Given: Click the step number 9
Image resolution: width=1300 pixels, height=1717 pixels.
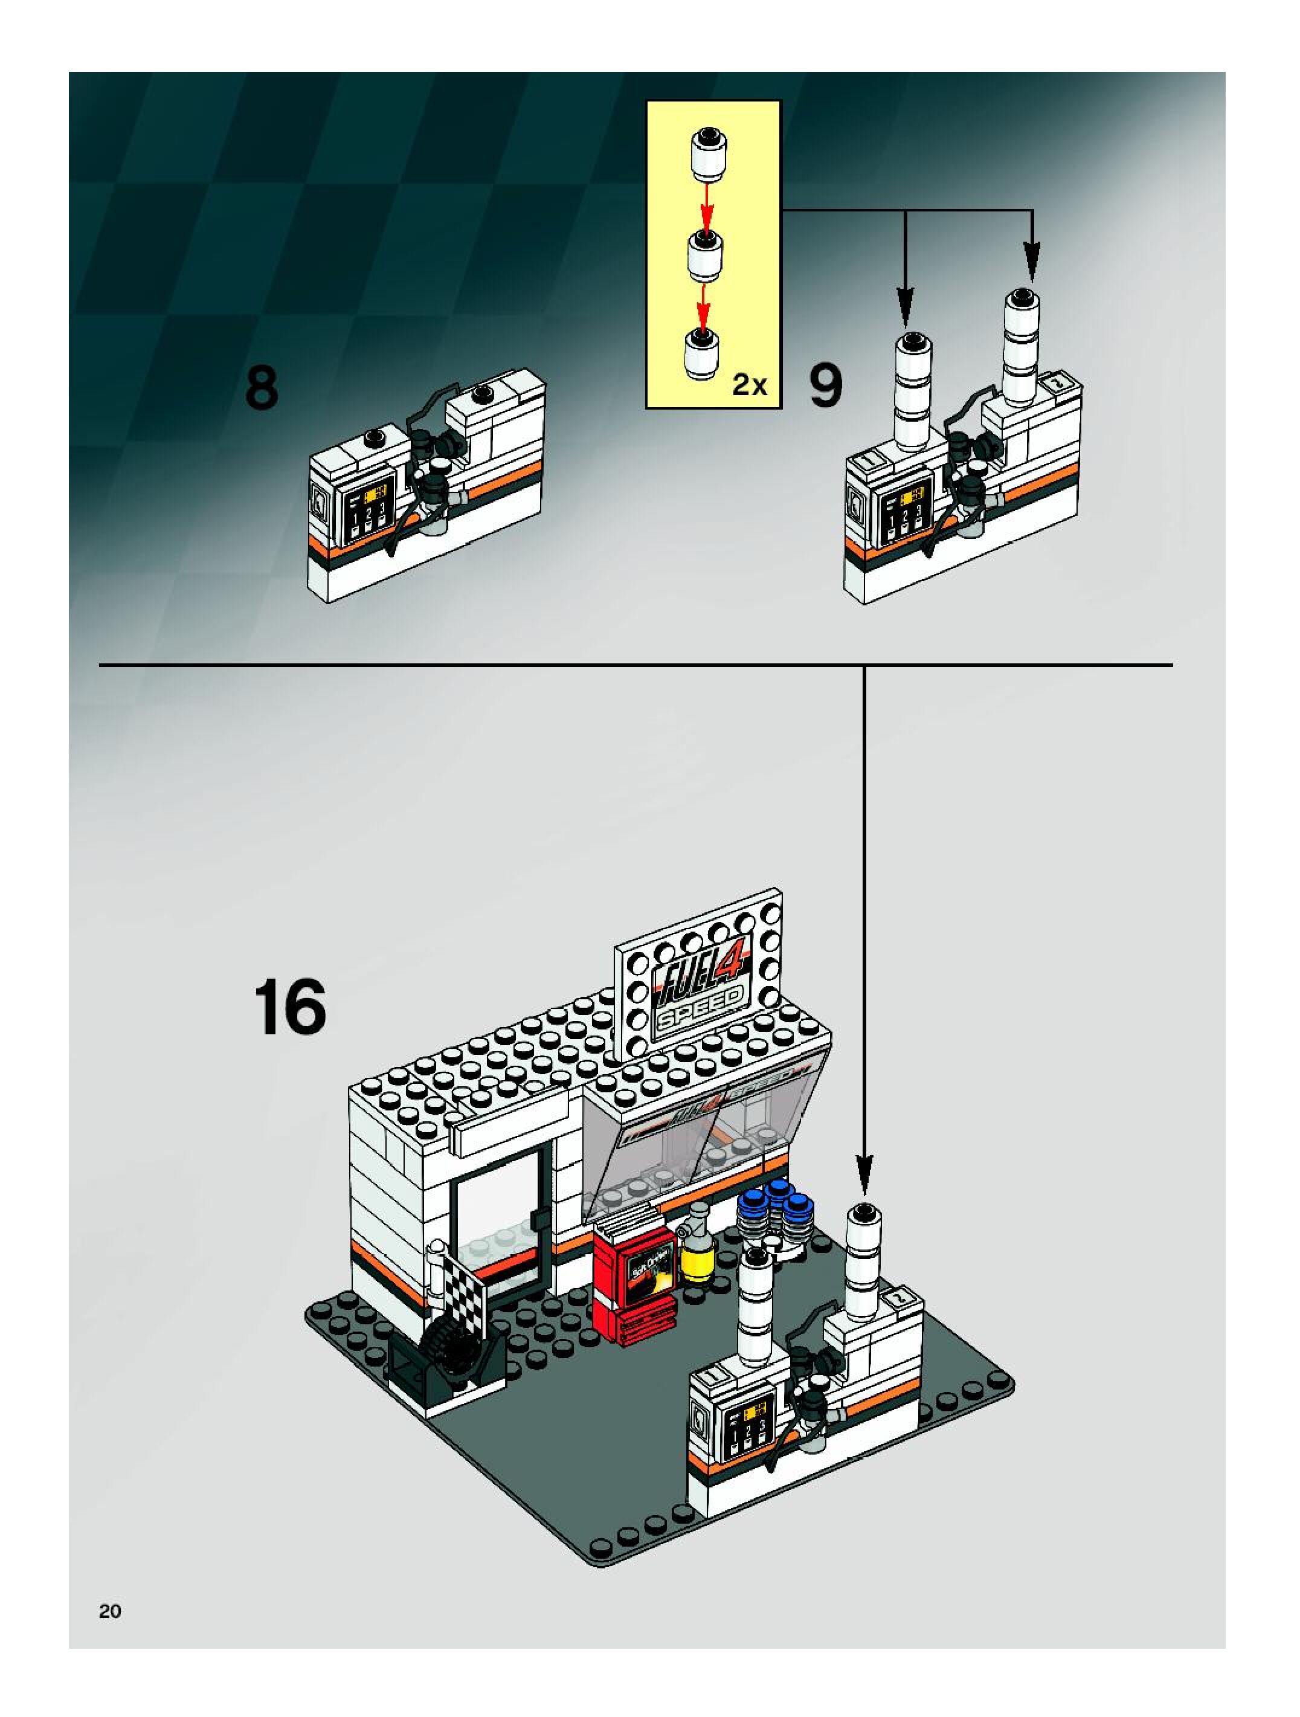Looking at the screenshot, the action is click(825, 387).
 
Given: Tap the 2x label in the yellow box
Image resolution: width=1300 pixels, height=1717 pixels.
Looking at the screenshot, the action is click(750, 384).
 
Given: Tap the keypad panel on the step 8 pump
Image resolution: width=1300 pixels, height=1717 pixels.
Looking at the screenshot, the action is click(368, 509).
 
